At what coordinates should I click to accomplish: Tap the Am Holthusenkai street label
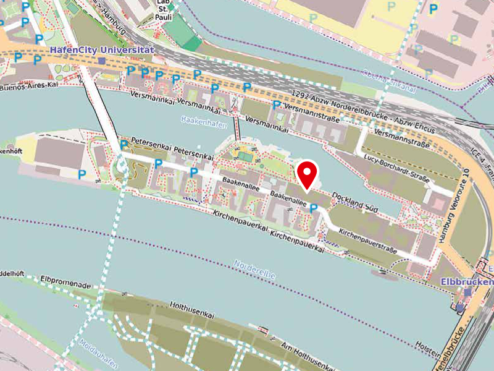point(303,352)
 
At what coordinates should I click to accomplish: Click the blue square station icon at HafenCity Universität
point(101,61)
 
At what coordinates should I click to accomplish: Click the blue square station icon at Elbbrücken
point(468,292)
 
